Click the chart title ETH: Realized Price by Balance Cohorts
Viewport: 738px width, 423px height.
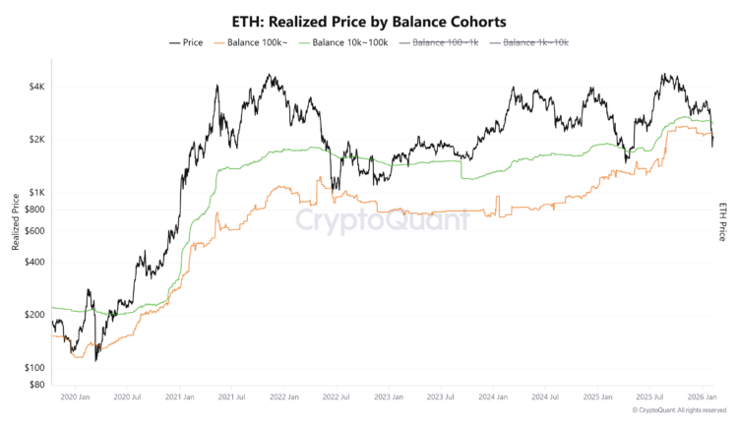click(x=369, y=20)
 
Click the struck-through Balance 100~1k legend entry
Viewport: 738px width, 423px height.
click(x=445, y=42)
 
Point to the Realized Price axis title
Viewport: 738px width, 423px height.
click(x=16, y=221)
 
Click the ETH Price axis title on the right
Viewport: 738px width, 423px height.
click(x=723, y=221)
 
